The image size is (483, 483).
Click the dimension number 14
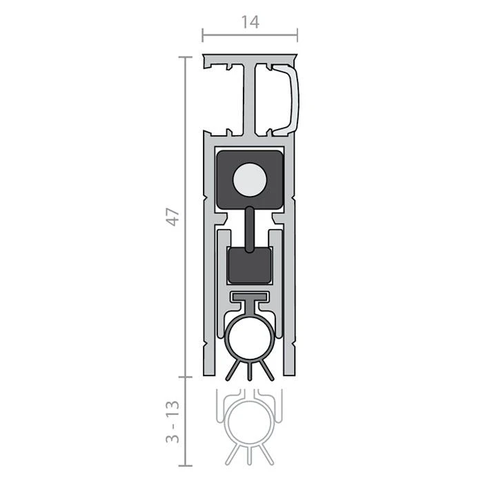coord(250,22)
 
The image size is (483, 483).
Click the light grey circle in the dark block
coord(249,181)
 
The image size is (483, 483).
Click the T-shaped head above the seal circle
coord(249,298)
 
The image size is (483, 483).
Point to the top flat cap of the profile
coord(249,56)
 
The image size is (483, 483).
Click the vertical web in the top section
coord(249,97)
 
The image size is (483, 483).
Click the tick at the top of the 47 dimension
coord(184,57)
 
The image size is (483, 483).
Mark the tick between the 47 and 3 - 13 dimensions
coord(184,377)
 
